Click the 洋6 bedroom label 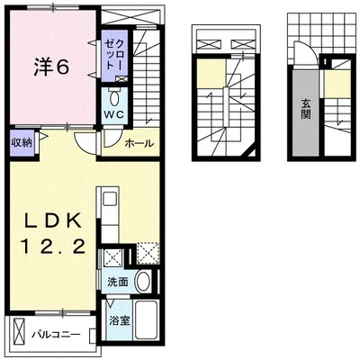(x=51, y=67)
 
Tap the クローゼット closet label (x=114, y=55)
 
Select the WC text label (x=114, y=114)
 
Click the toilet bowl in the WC (x=114, y=98)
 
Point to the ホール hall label (x=139, y=143)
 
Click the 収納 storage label (x=22, y=143)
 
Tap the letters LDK (x=53, y=221)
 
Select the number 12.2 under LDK (x=53, y=247)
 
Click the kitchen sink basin (x=110, y=199)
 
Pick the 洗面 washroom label (x=118, y=282)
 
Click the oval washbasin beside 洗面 (x=144, y=281)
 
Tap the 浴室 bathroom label (x=120, y=321)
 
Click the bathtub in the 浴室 (x=146, y=319)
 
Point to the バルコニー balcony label (x=57, y=334)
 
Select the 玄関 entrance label (x=306, y=109)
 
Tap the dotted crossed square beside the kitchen (x=148, y=254)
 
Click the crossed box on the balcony (x=19, y=333)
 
